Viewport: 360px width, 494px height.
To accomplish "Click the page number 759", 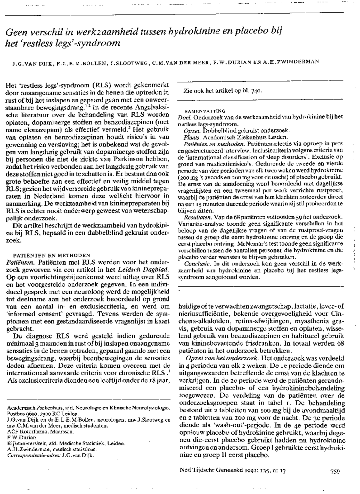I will (x=334, y=471).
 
